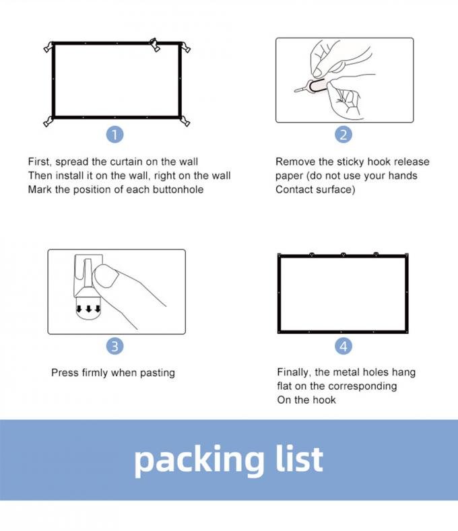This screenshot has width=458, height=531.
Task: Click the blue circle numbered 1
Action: pyautogui.click(x=115, y=135)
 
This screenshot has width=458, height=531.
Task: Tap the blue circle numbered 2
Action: pyautogui.click(x=343, y=135)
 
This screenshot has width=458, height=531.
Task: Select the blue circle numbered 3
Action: pyautogui.click(x=115, y=346)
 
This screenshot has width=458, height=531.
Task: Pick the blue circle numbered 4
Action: pyautogui.click(x=343, y=346)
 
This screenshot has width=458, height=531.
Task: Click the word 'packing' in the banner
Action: pyautogui.click(x=199, y=461)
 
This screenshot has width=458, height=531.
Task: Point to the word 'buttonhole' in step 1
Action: pyautogui.click(x=178, y=189)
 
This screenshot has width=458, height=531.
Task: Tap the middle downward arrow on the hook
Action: pyautogui.click(x=88, y=308)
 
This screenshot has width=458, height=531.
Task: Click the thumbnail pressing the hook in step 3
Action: pyautogui.click(x=106, y=277)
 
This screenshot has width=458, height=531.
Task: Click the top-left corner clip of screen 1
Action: pyautogui.click(x=49, y=46)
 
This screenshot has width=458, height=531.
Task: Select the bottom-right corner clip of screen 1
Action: pyautogui.click(x=185, y=121)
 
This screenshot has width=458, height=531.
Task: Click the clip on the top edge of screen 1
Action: pyautogui.click(x=154, y=44)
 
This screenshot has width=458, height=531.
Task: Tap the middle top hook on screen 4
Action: pyautogui.click(x=343, y=254)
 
